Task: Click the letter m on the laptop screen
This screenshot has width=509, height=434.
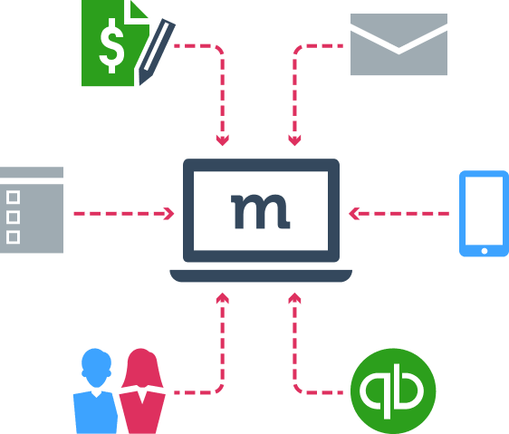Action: tap(260, 211)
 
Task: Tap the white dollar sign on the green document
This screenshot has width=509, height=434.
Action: tap(111, 46)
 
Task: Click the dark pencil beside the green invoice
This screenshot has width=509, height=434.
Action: tap(157, 52)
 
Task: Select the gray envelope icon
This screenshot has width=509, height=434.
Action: tap(399, 44)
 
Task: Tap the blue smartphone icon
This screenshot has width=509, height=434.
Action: tap(484, 214)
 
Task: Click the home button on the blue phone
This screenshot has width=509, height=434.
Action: tap(485, 251)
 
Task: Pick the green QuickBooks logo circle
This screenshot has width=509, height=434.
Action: tap(393, 391)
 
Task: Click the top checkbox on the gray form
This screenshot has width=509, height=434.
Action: tap(13, 198)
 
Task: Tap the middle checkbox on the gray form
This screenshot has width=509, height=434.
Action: tap(13, 217)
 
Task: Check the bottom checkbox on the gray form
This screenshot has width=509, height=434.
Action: tap(13, 237)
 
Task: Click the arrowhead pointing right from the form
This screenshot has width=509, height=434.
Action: tap(169, 214)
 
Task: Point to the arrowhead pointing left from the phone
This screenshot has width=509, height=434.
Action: tap(354, 214)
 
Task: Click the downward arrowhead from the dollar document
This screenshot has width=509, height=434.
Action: tap(223, 140)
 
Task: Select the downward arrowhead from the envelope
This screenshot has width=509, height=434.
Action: tap(294, 140)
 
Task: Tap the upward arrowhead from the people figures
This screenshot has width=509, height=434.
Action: tap(223, 298)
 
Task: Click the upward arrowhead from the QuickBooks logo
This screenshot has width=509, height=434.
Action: tap(294, 298)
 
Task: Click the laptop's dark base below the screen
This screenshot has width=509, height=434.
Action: tap(261, 275)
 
